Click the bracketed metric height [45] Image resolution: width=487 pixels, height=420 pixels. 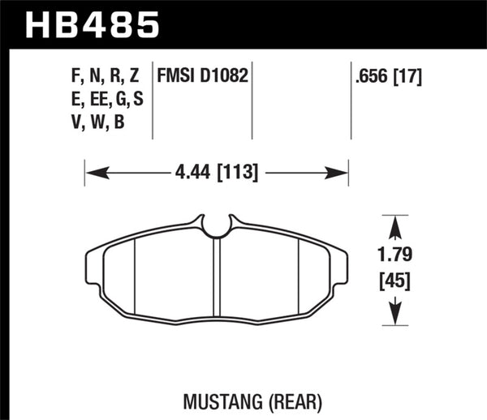394,281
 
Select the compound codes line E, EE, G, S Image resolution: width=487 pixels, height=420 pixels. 103,101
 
